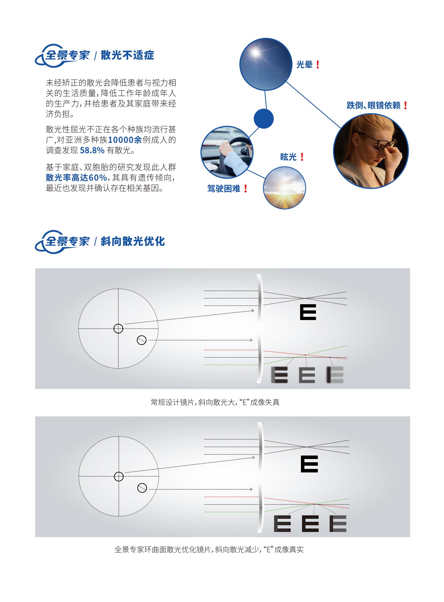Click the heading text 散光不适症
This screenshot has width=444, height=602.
coord(128,55)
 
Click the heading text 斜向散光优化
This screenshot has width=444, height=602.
coord(133,241)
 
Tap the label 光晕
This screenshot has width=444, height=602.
coord(304,64)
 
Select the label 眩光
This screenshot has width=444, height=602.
coord(288,157)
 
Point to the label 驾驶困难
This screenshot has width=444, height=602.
coord(224,189)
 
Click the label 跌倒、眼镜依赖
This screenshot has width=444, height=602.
coord(374,105)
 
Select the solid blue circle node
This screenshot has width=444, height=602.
coord(264,119)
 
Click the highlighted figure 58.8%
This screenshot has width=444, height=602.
coord(92,150)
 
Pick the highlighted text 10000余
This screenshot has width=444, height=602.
coord(125,140)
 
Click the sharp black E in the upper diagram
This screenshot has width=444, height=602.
coord(308,312)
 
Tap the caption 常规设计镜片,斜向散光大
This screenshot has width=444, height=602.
coord(193,402)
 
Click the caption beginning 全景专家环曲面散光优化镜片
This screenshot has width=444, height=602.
coord(209,549)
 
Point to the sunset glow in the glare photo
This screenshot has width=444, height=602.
coord(284,185)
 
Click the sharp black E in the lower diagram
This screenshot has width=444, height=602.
coord(309,464)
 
